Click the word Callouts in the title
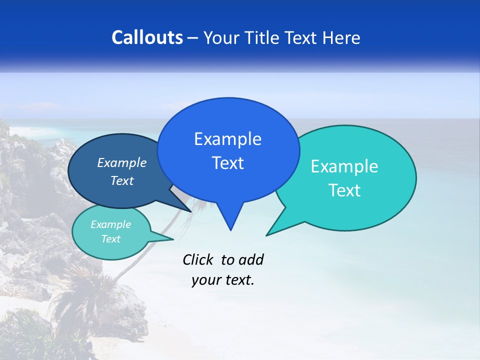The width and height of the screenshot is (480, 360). point(147,37)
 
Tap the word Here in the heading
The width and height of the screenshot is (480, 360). point(341,37)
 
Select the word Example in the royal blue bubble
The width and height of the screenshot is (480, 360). point(227,139)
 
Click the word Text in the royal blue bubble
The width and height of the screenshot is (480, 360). point(227,163)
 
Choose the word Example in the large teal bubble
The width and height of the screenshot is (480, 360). point(344,166)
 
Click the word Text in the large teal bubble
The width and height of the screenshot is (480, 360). point(344,190)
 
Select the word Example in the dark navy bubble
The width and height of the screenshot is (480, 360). point(121,162)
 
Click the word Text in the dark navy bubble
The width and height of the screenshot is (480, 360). point(121,180)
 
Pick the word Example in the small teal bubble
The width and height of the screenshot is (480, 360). point(110,224)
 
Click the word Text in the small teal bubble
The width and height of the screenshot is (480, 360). point(110,239)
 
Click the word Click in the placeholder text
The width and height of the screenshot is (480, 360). point(199,259)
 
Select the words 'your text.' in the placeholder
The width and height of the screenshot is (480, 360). point(223,280)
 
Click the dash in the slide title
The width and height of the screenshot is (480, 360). point(193,38)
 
